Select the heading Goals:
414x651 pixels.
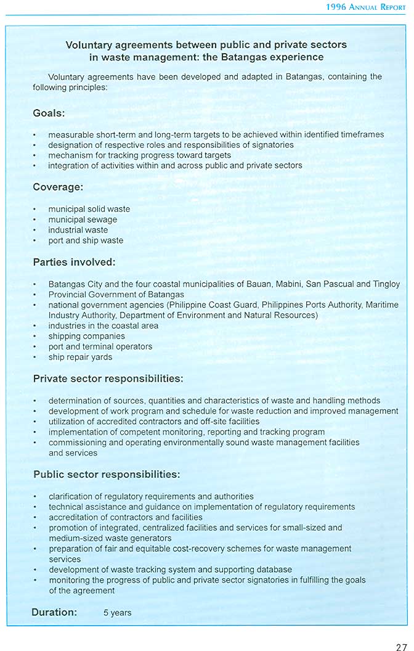(49, 113)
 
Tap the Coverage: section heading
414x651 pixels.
(58, 187)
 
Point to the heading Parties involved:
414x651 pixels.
(74, 262)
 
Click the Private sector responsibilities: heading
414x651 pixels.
(108, 378)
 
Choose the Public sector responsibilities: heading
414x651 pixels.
(107, 475)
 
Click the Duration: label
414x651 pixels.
(54, 612)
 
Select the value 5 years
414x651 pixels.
(117, 613)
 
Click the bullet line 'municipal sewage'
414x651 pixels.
(83, 219)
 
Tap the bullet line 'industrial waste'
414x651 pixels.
(78, 230)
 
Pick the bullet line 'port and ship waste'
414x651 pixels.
(86, 240)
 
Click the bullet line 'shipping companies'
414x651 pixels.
(87, 336)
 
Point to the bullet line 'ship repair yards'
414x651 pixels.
(81, 357)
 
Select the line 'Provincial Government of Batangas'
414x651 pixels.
(116, 295)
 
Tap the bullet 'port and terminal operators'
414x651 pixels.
(100, 346)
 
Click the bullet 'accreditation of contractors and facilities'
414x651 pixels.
(126, 517)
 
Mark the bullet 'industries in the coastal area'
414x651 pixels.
(103, 325)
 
